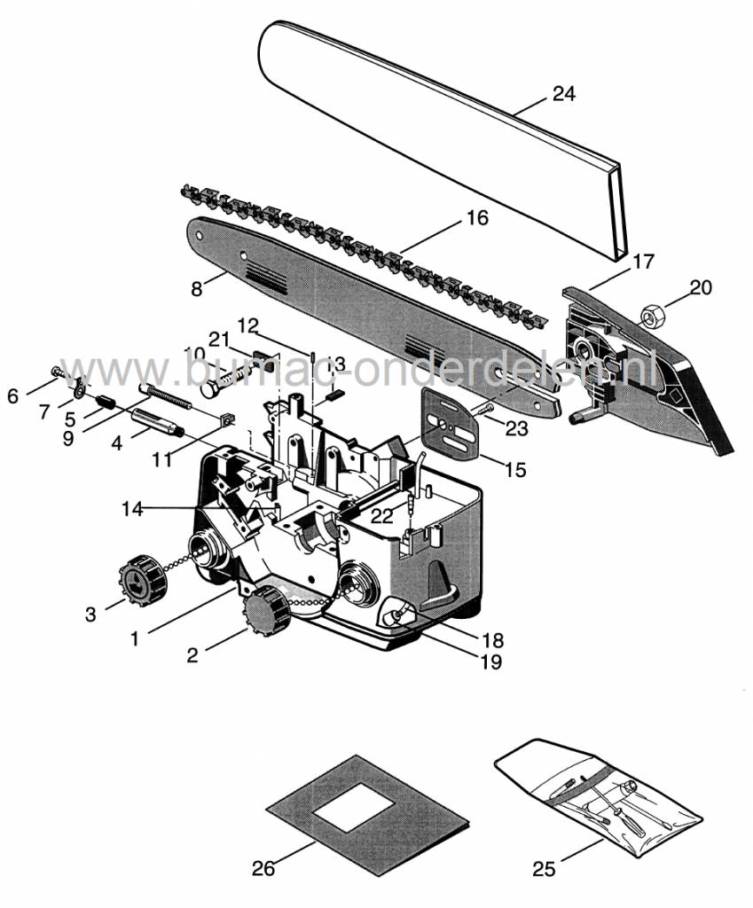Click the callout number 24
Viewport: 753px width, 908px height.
point(563,93)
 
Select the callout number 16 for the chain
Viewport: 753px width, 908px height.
point(476,217)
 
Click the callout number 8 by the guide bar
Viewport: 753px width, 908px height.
point(197,288)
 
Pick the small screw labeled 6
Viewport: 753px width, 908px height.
point(57,370)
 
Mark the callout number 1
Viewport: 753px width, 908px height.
point(136,638)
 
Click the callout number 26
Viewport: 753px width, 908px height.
point(263,868)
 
